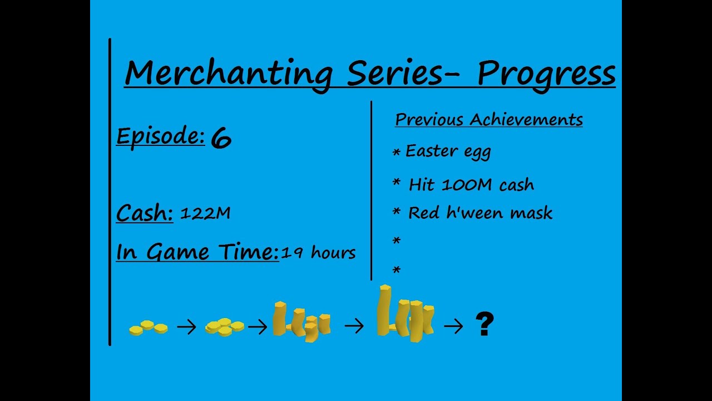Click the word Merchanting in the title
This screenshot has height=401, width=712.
coord(229,75)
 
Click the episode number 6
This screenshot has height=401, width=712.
coord(221,138)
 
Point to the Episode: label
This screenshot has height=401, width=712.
coord(161,137)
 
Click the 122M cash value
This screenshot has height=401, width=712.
coord(205,213)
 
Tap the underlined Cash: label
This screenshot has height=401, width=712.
coord(145,213)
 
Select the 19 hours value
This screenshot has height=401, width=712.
coord(318,252)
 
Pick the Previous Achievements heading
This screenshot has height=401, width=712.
coord(489,120)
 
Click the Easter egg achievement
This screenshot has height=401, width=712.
coord(448,151)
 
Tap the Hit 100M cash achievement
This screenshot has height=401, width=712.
coord(471,184)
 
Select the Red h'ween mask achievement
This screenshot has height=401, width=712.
coord(480,213)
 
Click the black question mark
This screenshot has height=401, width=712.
coord(484,324)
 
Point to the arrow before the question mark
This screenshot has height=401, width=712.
coord(453,326)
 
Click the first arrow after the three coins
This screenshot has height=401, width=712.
coord(186,327)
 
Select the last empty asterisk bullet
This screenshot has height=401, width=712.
coord(397,270)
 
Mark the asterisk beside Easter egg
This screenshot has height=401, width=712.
coord(397,153)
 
